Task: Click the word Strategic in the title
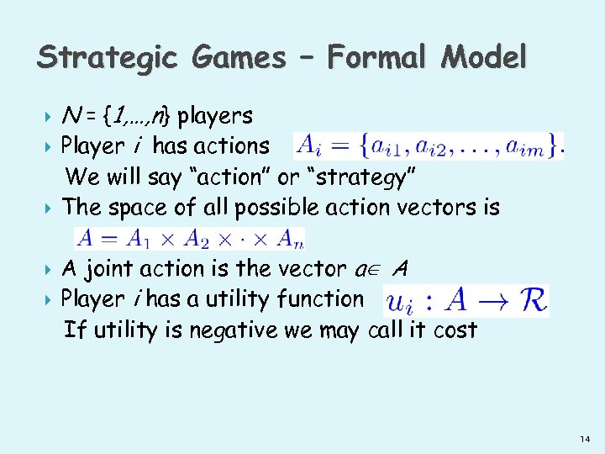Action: [x=108, y=57]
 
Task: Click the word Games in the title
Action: [x=238, y=57]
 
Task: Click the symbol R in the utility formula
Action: [x=532, y=300]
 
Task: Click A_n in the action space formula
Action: [x=292, y=238]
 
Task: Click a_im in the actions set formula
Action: [x=532, y=148]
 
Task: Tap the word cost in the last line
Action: [x=455, y=330]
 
